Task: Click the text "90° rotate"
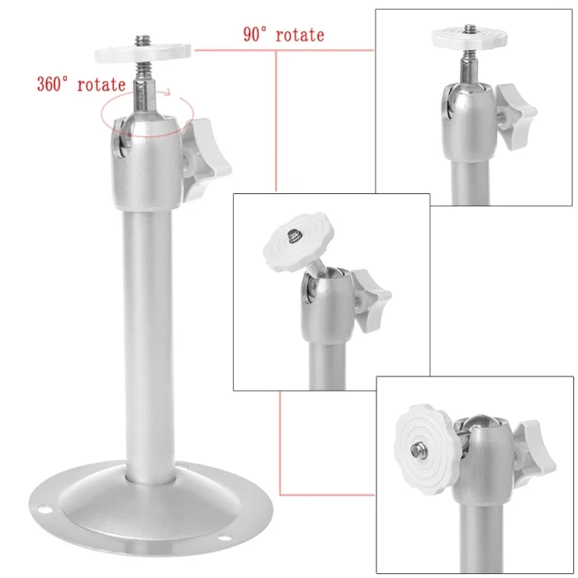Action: click(x=283, y=35)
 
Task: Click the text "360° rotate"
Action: click(x=81, y=84)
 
